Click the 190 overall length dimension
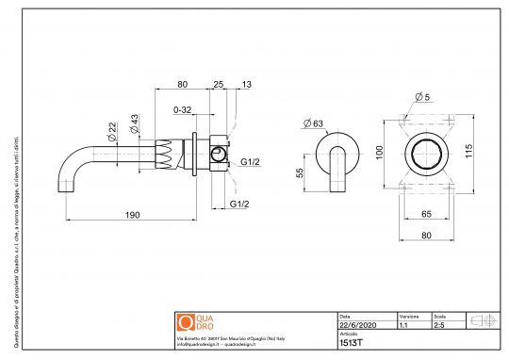(x=132, y=216)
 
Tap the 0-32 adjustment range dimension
(x=185, y=109)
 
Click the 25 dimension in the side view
(x=218, y=85)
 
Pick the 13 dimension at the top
(x=246, y=85)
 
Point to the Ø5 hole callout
(x=424, y=97)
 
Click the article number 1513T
(x=350, y=344)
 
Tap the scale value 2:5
(x=440, y=323)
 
